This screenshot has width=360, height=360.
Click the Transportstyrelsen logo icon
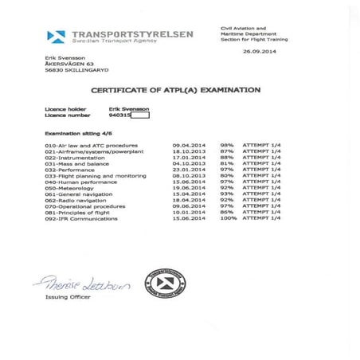pos(56,37)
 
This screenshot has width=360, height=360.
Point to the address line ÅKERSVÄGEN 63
pos(64,64)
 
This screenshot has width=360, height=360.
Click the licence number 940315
pos(130,115)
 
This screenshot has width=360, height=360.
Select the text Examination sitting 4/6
pos(74,133)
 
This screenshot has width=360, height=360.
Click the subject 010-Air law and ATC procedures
pos(92,146)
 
